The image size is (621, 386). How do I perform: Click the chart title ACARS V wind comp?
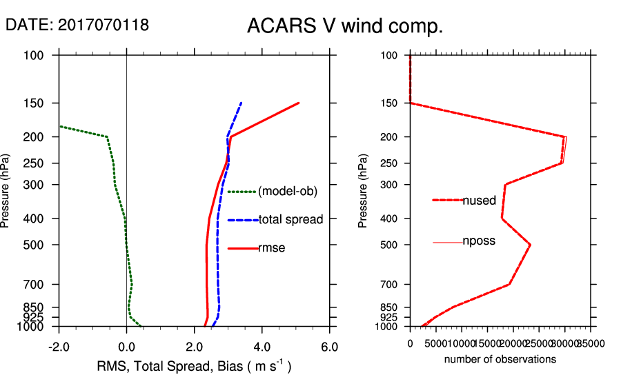pyautogui.click(x=344, y=27)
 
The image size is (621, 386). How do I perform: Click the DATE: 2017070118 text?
pyautogui.click(x=77, y=26)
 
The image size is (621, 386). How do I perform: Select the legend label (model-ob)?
pyautogui.click(x=287, y=192)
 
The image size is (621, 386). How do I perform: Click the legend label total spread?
pyautogui.click(x=290, y=220)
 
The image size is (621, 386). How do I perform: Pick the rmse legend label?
pyautogui.click(x=271, y=248)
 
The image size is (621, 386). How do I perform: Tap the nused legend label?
pyautogui.click(x=479, y=201)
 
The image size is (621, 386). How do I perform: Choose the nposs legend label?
pyautogui.click(x=479, y=241)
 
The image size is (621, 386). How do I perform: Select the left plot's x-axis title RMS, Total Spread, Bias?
pyautogui.click(x=194, y=366)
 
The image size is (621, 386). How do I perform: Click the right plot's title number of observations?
pyautogui.click(x=500, y=359)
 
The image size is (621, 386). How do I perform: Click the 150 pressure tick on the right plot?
pyautogui.click(x=389, y=103)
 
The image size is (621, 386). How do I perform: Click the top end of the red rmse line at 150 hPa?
pyautogui.click(x=299, y=103)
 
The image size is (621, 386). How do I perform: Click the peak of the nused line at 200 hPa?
pyautogui.click(x=565, y=137)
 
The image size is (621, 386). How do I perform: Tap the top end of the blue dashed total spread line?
pyautogui.click(x=241, y=103)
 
